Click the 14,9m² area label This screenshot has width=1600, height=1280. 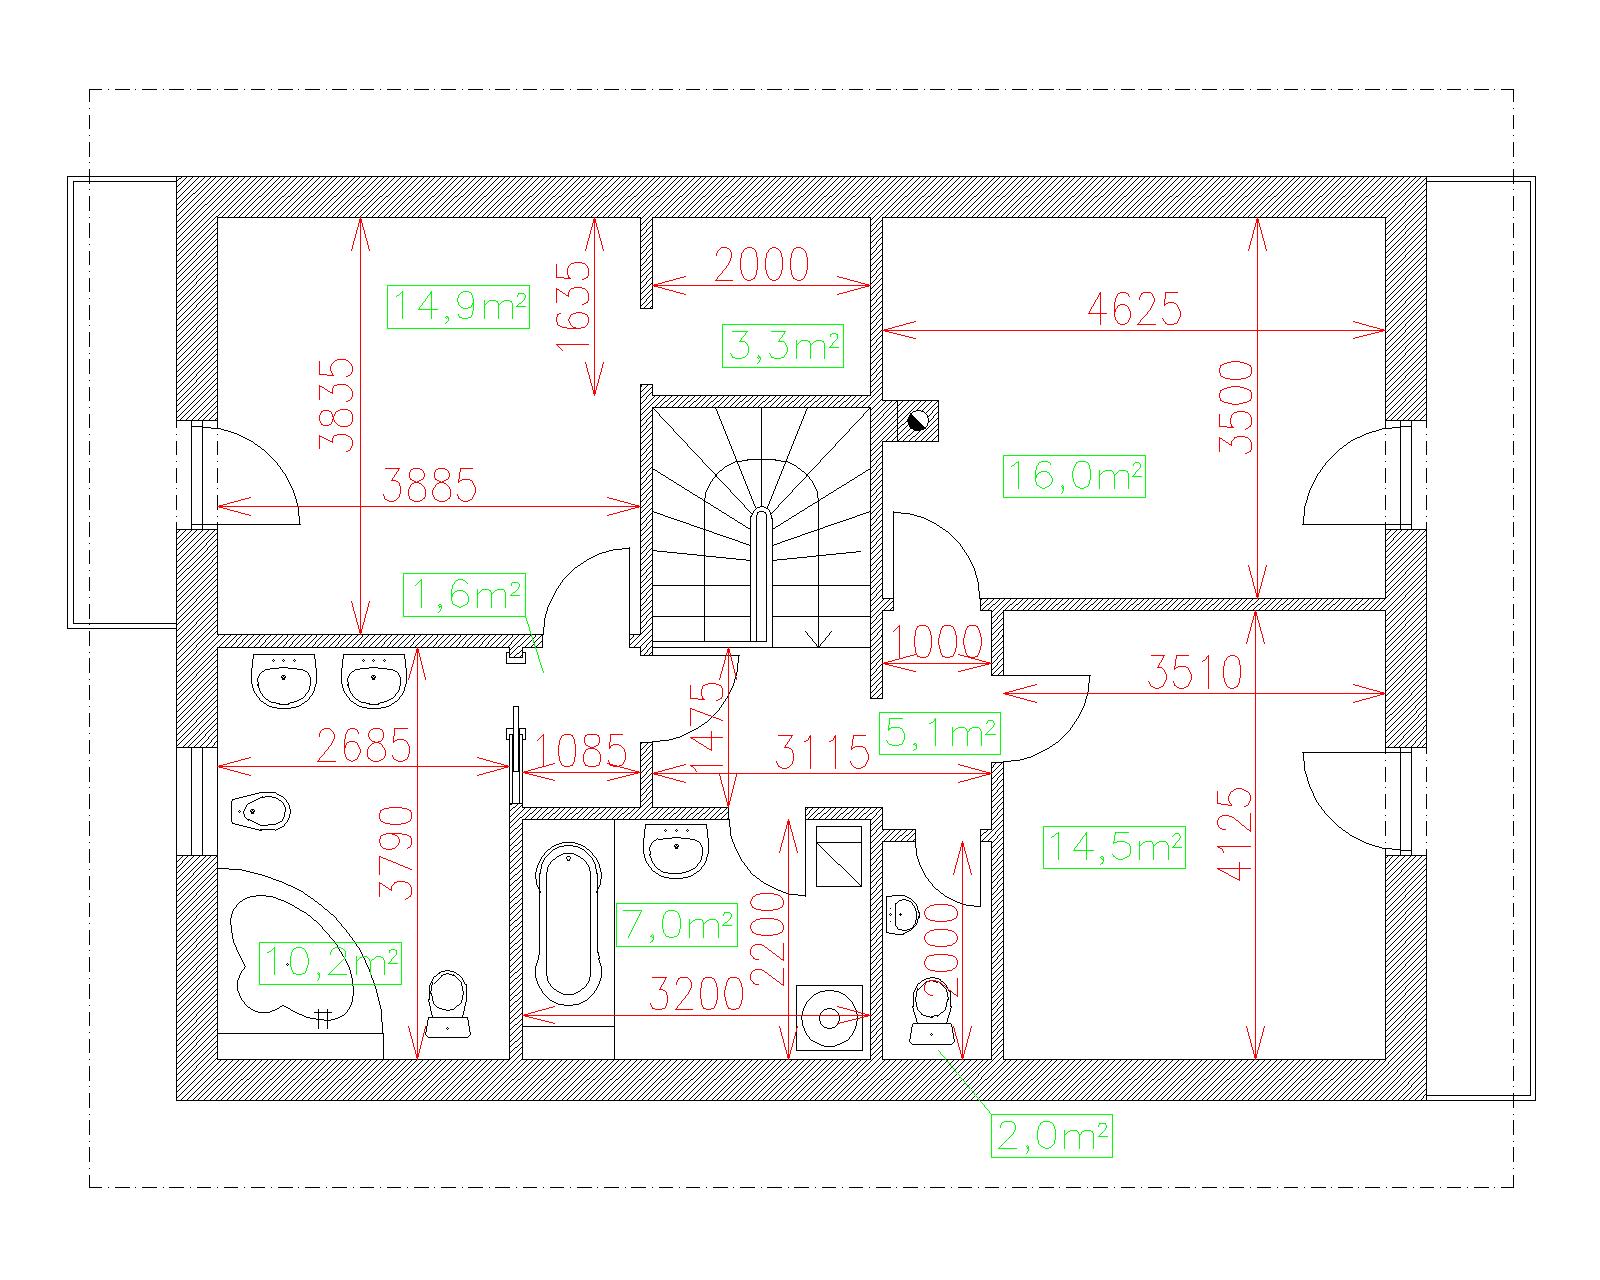point(459,306)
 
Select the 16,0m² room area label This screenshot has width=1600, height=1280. point(1074,476)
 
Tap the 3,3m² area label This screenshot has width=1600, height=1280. point(783,346)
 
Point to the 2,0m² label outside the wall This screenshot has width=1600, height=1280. point(1052,1135)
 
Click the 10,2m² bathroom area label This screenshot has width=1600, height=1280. point(330,963)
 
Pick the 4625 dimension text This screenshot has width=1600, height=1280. point(1134,309)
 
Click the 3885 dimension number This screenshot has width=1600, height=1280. point(429,486)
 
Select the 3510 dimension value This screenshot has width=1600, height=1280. point(1195,672)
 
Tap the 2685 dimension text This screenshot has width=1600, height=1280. point(364,746)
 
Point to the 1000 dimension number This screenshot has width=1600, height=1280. point(937,641)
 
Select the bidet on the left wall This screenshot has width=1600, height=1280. point(260,812)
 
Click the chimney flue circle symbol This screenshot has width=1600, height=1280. point(918,421)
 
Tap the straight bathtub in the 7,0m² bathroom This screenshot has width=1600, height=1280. point(569,924)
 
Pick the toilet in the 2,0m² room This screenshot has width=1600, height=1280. point(931,1012)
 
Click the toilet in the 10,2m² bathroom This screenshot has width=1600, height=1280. point(448,1003)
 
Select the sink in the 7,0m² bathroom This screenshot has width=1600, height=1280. point(676,850)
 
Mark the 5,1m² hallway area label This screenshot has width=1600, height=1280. point(940,733)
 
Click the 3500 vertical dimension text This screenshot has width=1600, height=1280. point(1236,407)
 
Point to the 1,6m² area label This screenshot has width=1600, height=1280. point(464,594)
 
